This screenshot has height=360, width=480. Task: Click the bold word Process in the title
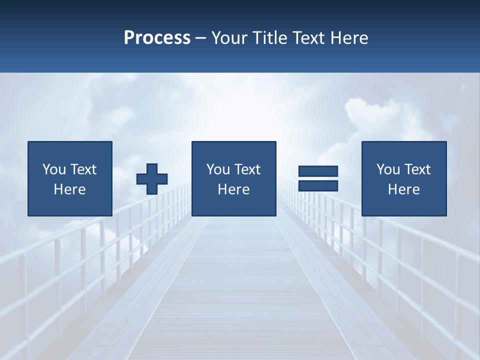[x=157, y=38]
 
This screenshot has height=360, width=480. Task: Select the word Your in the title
[x=229, y=38]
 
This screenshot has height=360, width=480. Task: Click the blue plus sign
[x=152, y=178]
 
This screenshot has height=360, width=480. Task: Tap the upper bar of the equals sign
[x=318, y=171]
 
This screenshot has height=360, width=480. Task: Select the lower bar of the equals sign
[x=318, y=185]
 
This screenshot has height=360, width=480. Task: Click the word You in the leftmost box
[x=54, y=169]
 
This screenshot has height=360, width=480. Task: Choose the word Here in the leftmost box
[x=69, y=189]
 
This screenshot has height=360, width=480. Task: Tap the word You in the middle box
[x=218, y=169]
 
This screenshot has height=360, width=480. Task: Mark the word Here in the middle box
[x=233, y=189]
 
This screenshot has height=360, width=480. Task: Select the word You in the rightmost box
[x=388, y=169]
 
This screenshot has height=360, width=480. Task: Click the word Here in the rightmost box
[x=403, y=189]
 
